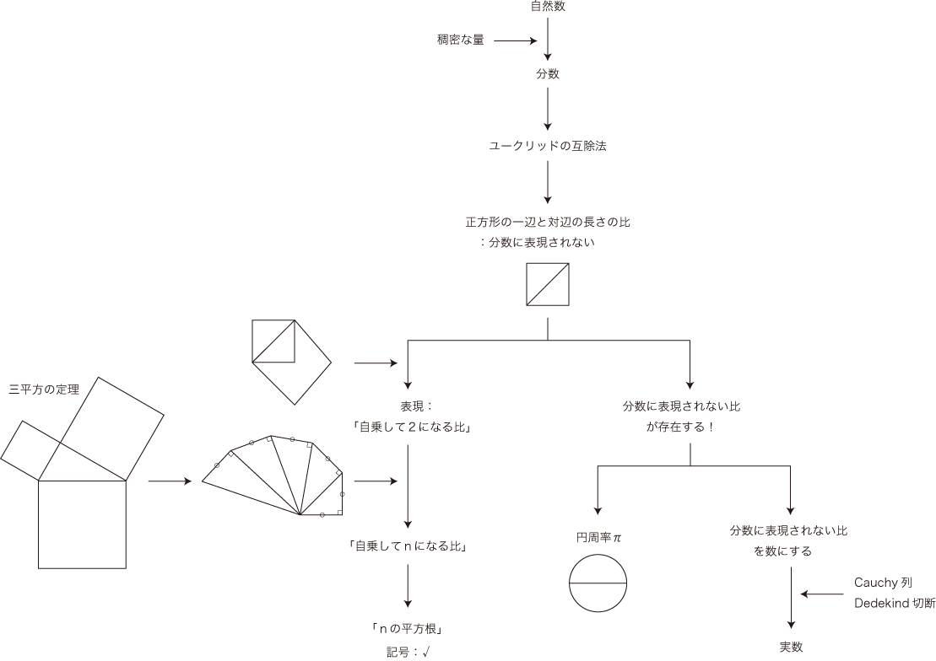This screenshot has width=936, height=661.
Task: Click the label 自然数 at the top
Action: click(548, 7)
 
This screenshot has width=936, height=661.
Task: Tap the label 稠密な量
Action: click(461, 40)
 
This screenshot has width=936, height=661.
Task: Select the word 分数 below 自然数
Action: click(548, 74)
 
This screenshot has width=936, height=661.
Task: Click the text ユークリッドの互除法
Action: click(548, 146)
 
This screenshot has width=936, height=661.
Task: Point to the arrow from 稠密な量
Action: click(515, 40)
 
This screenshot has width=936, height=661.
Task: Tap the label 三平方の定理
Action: click(44, 390)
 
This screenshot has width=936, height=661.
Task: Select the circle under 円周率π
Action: click(598, 583)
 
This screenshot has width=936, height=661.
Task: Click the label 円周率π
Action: click(598, 537)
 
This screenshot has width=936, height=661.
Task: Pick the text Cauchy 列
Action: click(883, 583)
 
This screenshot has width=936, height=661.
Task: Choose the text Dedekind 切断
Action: click(894, 603)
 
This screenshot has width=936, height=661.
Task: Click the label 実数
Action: click(791, 647)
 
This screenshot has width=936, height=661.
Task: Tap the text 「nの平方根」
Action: click(407, 628)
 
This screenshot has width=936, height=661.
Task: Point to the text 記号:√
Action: click(408, 650)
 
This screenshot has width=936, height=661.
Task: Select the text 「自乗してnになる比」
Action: click(408, 545)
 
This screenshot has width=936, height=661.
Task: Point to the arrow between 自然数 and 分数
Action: click(548, 38)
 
